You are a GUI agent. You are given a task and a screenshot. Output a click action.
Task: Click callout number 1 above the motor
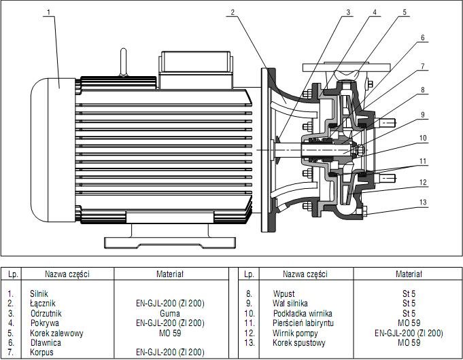(50, 12)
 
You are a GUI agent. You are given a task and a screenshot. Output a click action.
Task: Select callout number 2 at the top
(233, 12)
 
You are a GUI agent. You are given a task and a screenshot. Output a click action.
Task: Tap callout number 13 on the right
(423, 202)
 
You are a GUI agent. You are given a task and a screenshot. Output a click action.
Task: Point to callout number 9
(423, 115)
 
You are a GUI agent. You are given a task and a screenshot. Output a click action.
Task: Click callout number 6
(423, 37)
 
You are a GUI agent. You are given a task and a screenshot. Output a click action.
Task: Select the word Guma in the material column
(170, 314)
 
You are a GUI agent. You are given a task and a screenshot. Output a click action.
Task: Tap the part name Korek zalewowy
(57, 334)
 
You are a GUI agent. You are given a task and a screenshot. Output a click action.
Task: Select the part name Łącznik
(42, 304)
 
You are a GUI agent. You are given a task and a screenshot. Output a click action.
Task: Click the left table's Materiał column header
(170, 274)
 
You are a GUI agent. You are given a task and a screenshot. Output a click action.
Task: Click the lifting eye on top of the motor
(124, 60)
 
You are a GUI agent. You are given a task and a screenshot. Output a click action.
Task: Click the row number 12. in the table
(249, 334)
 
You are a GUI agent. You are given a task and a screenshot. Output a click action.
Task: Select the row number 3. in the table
(12, 314)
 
